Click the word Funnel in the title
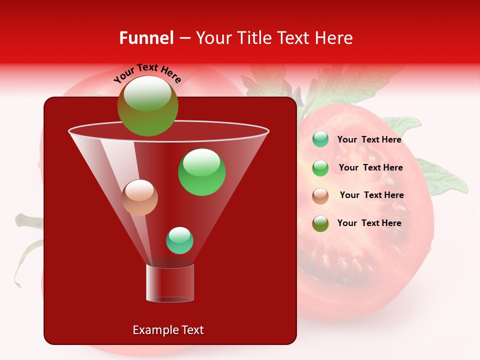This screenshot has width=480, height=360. click(x=146, y=38)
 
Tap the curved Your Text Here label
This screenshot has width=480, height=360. click(x=147, y=72)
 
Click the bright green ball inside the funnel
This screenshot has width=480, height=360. click(x=201, y=172)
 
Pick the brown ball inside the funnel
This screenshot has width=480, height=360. click(x=139, y=197)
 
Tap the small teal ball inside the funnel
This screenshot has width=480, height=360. click(x=179, y=240)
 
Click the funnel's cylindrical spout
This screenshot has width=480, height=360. click(x=170, y=283)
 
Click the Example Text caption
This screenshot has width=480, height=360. click(x=168, y=330)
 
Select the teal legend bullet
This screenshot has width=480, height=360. click(x=320, y=139)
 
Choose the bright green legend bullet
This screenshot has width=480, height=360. click(x=320, y=168)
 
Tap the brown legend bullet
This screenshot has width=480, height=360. click(x=320, y=195)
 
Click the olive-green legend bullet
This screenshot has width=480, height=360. click(x=320, y=223)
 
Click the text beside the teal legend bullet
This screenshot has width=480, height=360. click(x=369, y=140)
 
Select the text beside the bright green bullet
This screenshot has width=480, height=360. click(x=370, y=168)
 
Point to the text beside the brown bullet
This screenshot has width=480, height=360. click(x=371, y=195)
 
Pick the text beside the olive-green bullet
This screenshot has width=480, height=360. click(x=369, y=223)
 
